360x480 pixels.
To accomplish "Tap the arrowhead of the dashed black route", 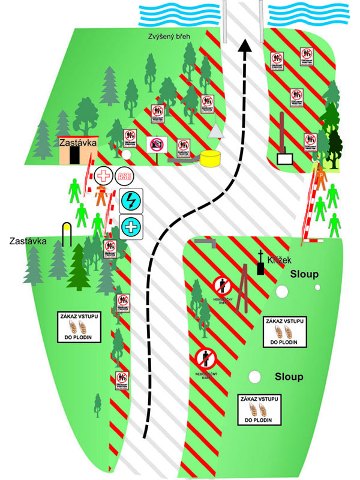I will (244, 47).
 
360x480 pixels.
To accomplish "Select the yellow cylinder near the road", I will (211, 158).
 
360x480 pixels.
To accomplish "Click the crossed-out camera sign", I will (156, 145).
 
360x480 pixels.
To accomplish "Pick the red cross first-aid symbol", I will (104, 176).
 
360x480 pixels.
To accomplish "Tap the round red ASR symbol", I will (124, 176).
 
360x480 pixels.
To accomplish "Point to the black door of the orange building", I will (74, 154).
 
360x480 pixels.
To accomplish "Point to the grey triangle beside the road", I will (215, 133).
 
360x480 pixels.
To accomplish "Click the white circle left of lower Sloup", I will (255, 377).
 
